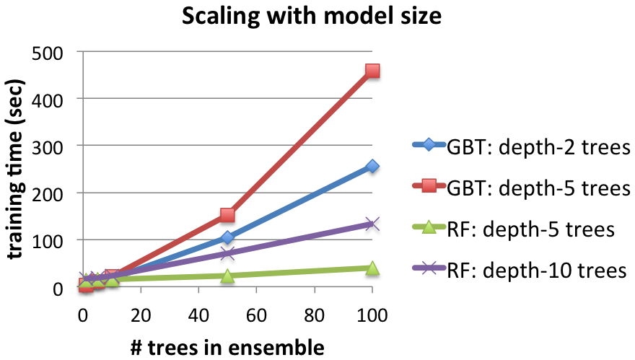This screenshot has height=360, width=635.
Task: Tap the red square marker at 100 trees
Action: tap(372, 71)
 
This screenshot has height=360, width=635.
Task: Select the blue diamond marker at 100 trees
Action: tap(372, 166)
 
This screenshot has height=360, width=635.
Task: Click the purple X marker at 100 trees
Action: tap(372, 224)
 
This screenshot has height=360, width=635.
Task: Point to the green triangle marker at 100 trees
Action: tap(372, 268)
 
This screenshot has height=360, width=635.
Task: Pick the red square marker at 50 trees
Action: tap(227, 215)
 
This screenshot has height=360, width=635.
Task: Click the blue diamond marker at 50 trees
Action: tap(227, 237)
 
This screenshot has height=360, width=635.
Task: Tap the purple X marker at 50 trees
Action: tap(227, 253)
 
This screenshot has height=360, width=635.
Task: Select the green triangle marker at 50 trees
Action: tap(227, 276)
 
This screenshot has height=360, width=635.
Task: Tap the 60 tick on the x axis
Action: tap(256, 315)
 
